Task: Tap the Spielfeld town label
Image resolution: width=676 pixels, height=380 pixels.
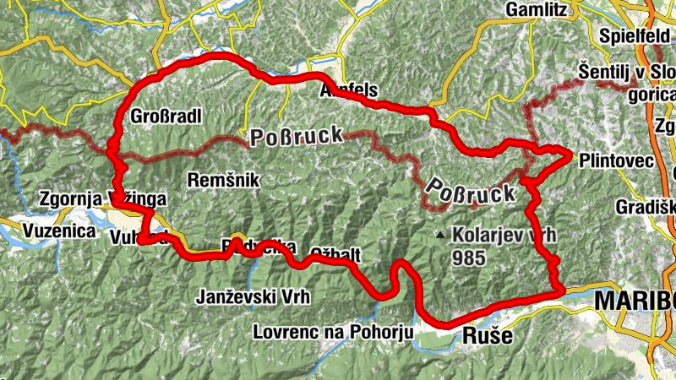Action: point(632,36)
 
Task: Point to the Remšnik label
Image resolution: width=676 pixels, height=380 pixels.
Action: point(224,180)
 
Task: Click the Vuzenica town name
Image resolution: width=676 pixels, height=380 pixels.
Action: point(58,232)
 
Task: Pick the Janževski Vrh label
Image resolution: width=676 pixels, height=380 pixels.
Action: point(242,297)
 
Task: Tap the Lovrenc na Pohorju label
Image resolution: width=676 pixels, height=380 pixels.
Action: point(333,332)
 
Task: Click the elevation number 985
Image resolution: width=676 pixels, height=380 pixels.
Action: point(468,257)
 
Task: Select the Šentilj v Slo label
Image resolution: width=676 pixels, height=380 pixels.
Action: point(627,71)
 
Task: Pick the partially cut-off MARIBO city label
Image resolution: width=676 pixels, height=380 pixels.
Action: point(635,301)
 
